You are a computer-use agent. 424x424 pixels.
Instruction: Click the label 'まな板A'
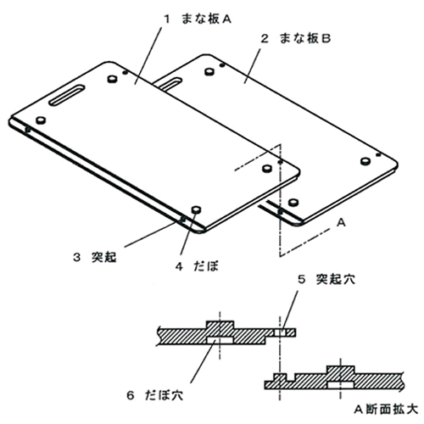(x=206, y=19)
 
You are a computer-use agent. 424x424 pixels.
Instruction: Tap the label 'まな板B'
(x=304, y=38)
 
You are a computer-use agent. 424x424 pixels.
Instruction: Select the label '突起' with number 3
(x=103, y=257)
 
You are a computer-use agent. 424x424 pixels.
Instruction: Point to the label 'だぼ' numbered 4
(x=206, y=266)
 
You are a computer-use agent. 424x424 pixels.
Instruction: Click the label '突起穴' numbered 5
(x=335, y=279)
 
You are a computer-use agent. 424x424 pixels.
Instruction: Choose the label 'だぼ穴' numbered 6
(x=165, y=395)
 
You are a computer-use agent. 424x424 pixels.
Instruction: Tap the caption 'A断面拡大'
(x=386, y=410)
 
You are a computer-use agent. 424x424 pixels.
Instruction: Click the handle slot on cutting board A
(x=67, y=95)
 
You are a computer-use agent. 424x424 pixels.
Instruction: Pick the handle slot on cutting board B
(x=169, y=84)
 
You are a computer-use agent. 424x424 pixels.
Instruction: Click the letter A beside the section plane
(x=342, y=223)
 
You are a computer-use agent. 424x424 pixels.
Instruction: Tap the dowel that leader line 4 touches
(x=196, y=210)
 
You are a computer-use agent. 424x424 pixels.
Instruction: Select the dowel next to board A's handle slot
(x=112, y=79)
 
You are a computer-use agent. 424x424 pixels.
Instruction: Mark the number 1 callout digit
(x=167, y=20)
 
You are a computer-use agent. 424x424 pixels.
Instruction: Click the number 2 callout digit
(x=265, y=38)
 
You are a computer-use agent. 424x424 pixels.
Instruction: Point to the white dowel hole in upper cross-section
(x=220, y=340)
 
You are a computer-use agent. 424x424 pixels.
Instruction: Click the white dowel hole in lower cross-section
(x=341, y=385)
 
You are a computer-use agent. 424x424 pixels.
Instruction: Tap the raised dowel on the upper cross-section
(x=220, y=325)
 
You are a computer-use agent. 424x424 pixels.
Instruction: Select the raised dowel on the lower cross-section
(x=341, y=370)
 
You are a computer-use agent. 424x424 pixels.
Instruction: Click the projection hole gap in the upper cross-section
(x=280, y=332)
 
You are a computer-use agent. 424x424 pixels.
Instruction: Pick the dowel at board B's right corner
(x=365, y=161)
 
